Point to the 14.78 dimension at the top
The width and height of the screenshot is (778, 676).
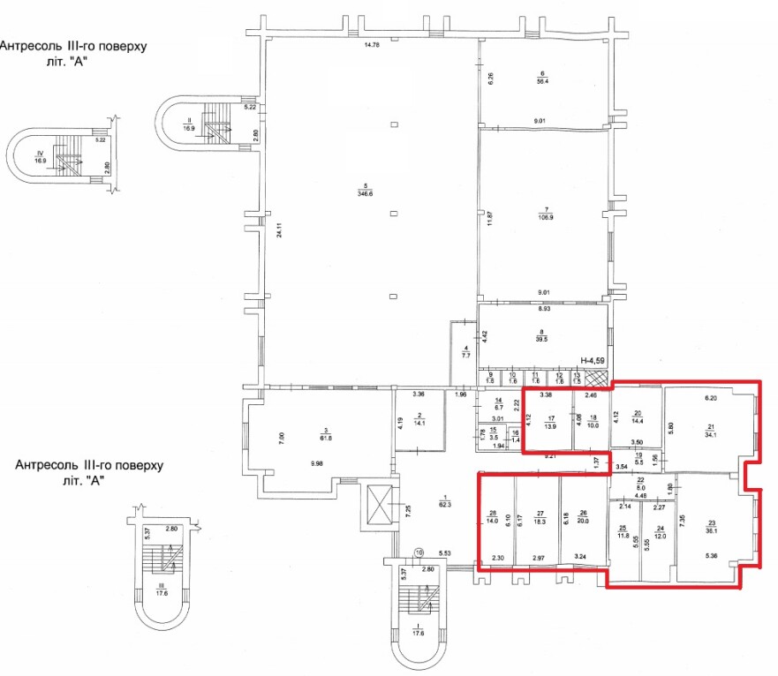coord(371,45)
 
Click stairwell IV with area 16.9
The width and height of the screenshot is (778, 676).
coord(64,156)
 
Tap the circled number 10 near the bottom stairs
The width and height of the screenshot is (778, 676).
coord(419,552)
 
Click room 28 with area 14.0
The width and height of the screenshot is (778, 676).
coord(494,520)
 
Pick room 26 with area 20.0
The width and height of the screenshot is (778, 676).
coord(583,520)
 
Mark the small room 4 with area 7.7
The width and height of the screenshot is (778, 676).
coord(463,350)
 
